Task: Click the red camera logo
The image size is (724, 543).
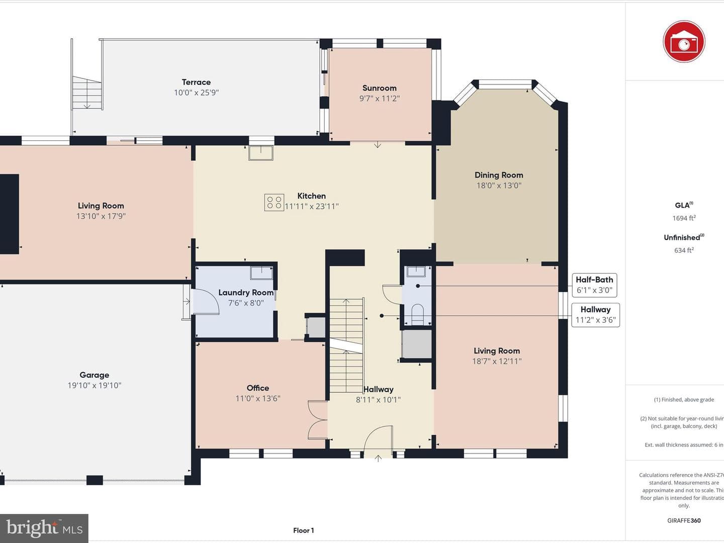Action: [x=684, y=42]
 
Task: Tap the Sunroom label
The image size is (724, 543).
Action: [x=379, y=88]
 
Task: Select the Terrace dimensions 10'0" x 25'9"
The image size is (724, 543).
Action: [x=196, y=93]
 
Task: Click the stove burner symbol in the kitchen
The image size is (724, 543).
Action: [x=274, y=202]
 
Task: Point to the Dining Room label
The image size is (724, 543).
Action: [x=499, y=175]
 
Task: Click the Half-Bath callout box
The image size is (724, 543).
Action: [x=594, y=285]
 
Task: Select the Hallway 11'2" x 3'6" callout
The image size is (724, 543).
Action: [x=595, y=315]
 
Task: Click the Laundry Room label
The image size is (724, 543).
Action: [x=246, y=293]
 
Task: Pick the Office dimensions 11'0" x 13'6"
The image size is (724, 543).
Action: [x=258, y=398]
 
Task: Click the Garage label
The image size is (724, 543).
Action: [x=95, y=375]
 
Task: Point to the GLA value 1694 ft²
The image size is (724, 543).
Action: [x=684, y=218]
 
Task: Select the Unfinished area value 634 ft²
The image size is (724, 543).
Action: [x=684, y=250]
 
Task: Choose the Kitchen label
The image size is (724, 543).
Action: [x=311, y=196]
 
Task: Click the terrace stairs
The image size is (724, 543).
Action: [x=87, y=93]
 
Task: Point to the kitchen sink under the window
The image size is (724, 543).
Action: [x=261, y=153]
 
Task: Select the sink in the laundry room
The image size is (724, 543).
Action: [x=261, y=273]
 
